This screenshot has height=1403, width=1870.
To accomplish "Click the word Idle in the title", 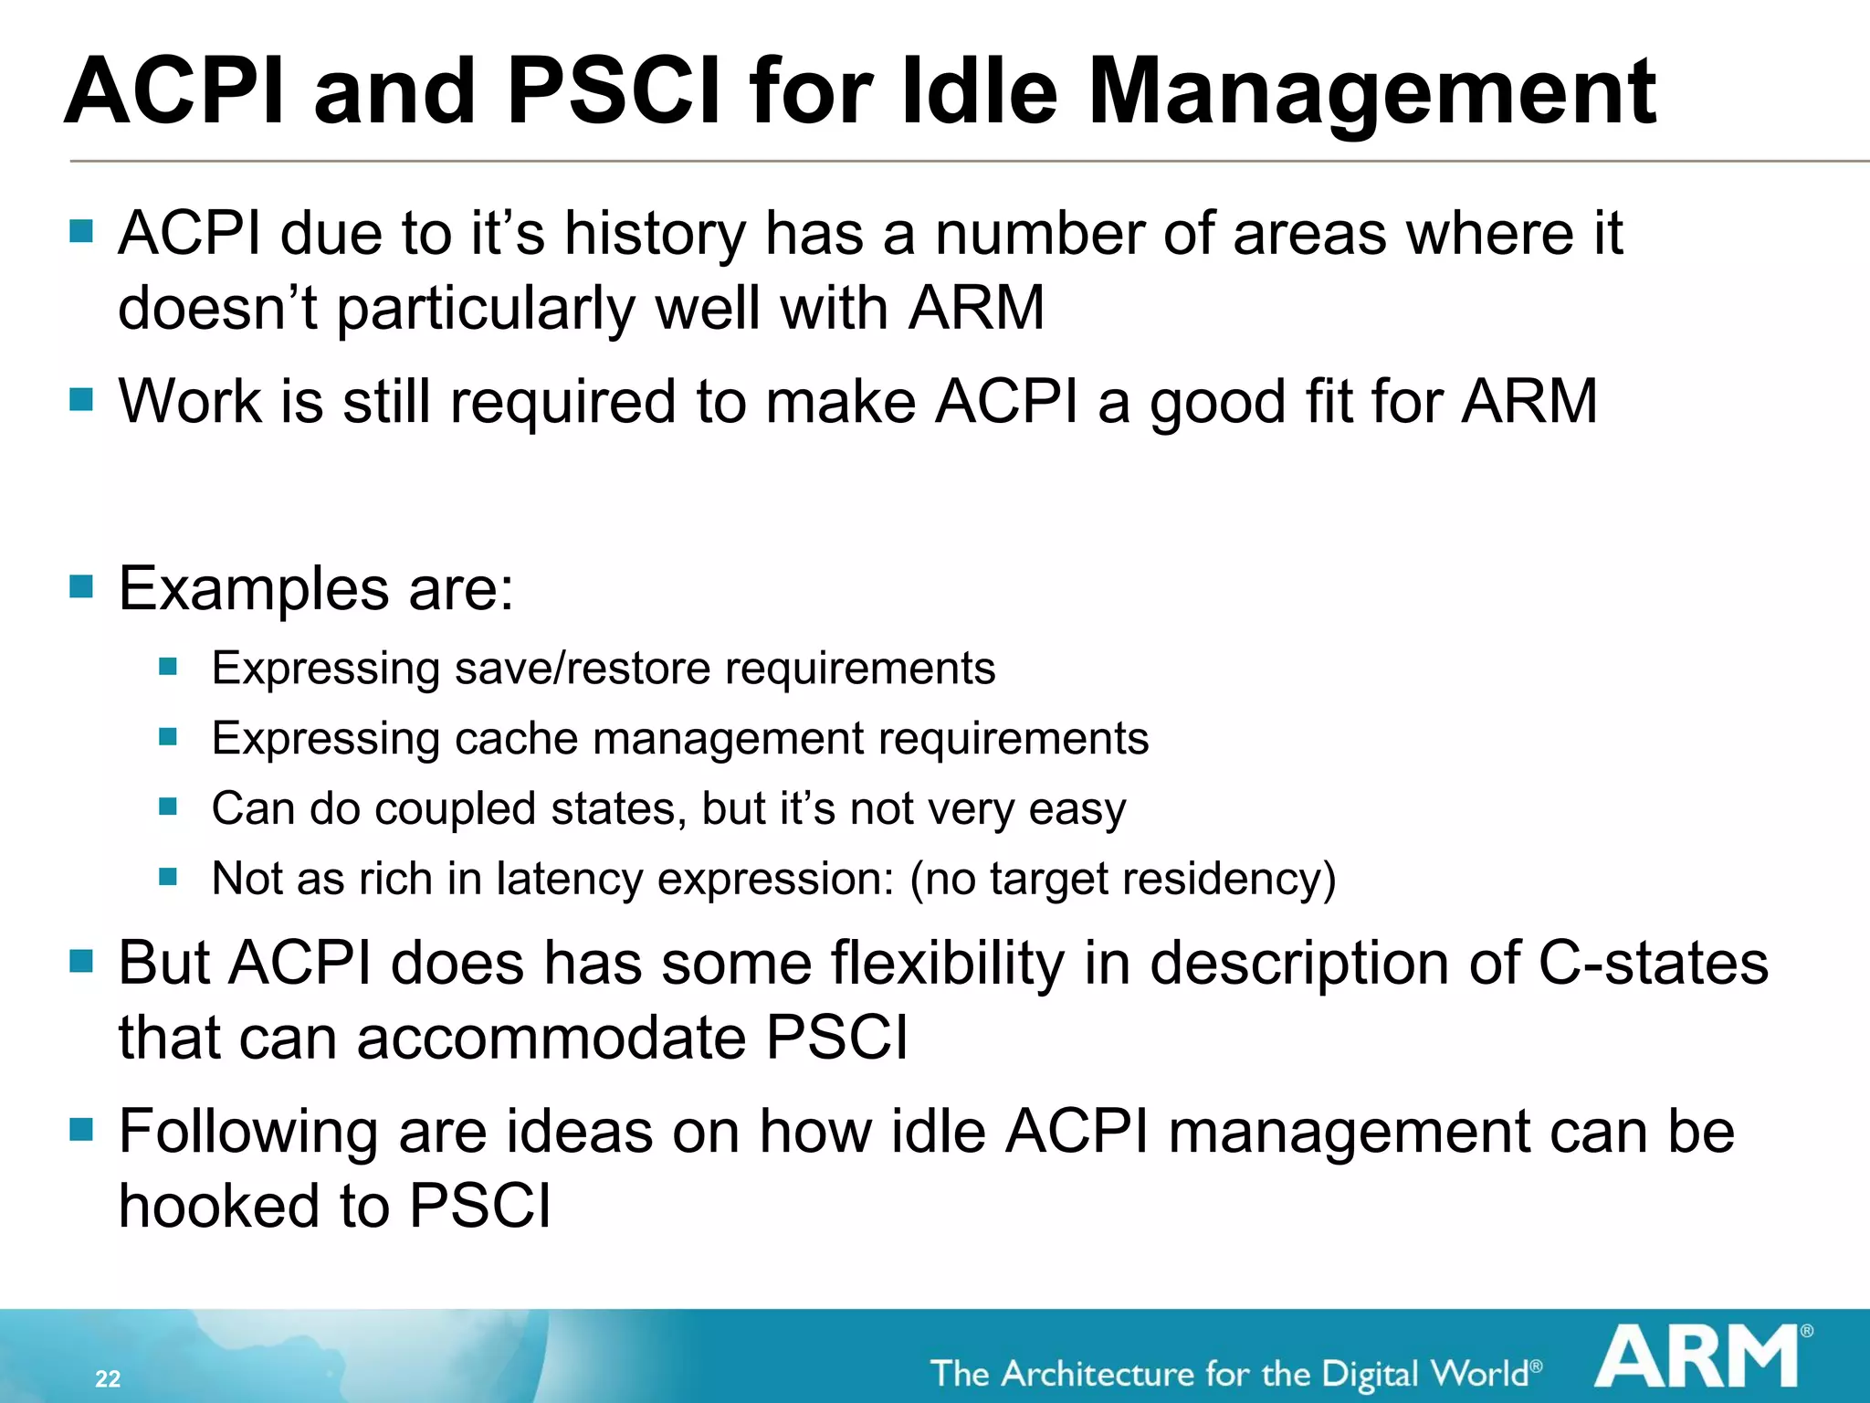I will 978,91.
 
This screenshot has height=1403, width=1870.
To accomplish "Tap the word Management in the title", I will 1371,91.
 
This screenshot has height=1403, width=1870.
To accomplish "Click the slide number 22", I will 108,1378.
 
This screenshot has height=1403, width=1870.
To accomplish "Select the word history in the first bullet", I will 655,234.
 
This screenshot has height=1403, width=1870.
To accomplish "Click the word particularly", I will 486,309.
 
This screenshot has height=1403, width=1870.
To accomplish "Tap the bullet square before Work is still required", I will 81,399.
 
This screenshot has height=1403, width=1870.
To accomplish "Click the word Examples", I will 254,588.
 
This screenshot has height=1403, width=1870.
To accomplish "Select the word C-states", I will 1653,964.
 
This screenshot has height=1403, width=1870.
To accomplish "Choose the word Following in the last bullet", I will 247,1133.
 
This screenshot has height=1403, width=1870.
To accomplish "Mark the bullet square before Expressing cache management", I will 167,736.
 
